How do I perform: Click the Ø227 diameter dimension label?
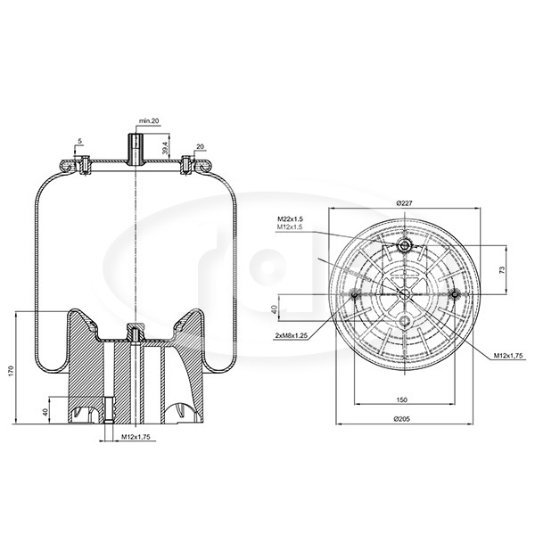pos(404,203)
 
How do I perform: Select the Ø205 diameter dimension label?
pos(401,419)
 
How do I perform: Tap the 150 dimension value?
pos(402,399)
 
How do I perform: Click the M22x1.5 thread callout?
pos(290,219)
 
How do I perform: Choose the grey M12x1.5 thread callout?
pos(289,226)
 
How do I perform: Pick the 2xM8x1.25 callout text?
pos(292,336)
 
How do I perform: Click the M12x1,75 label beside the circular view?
pos(508,356)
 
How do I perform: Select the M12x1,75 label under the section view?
pos(136,437)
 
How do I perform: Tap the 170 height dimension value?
pos(11,371)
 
